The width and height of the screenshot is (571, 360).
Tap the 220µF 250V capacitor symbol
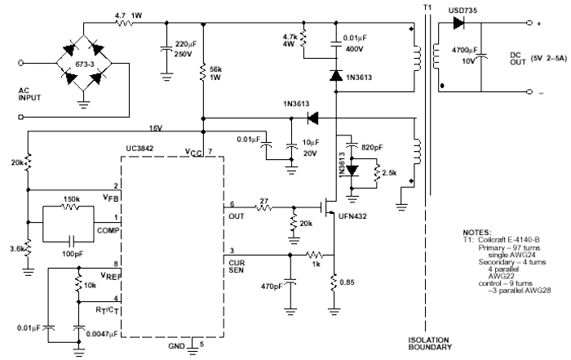[x=166, y=50]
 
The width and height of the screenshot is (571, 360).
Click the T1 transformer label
[x=426, y=7]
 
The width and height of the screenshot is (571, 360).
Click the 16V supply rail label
[x=154, y=127]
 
